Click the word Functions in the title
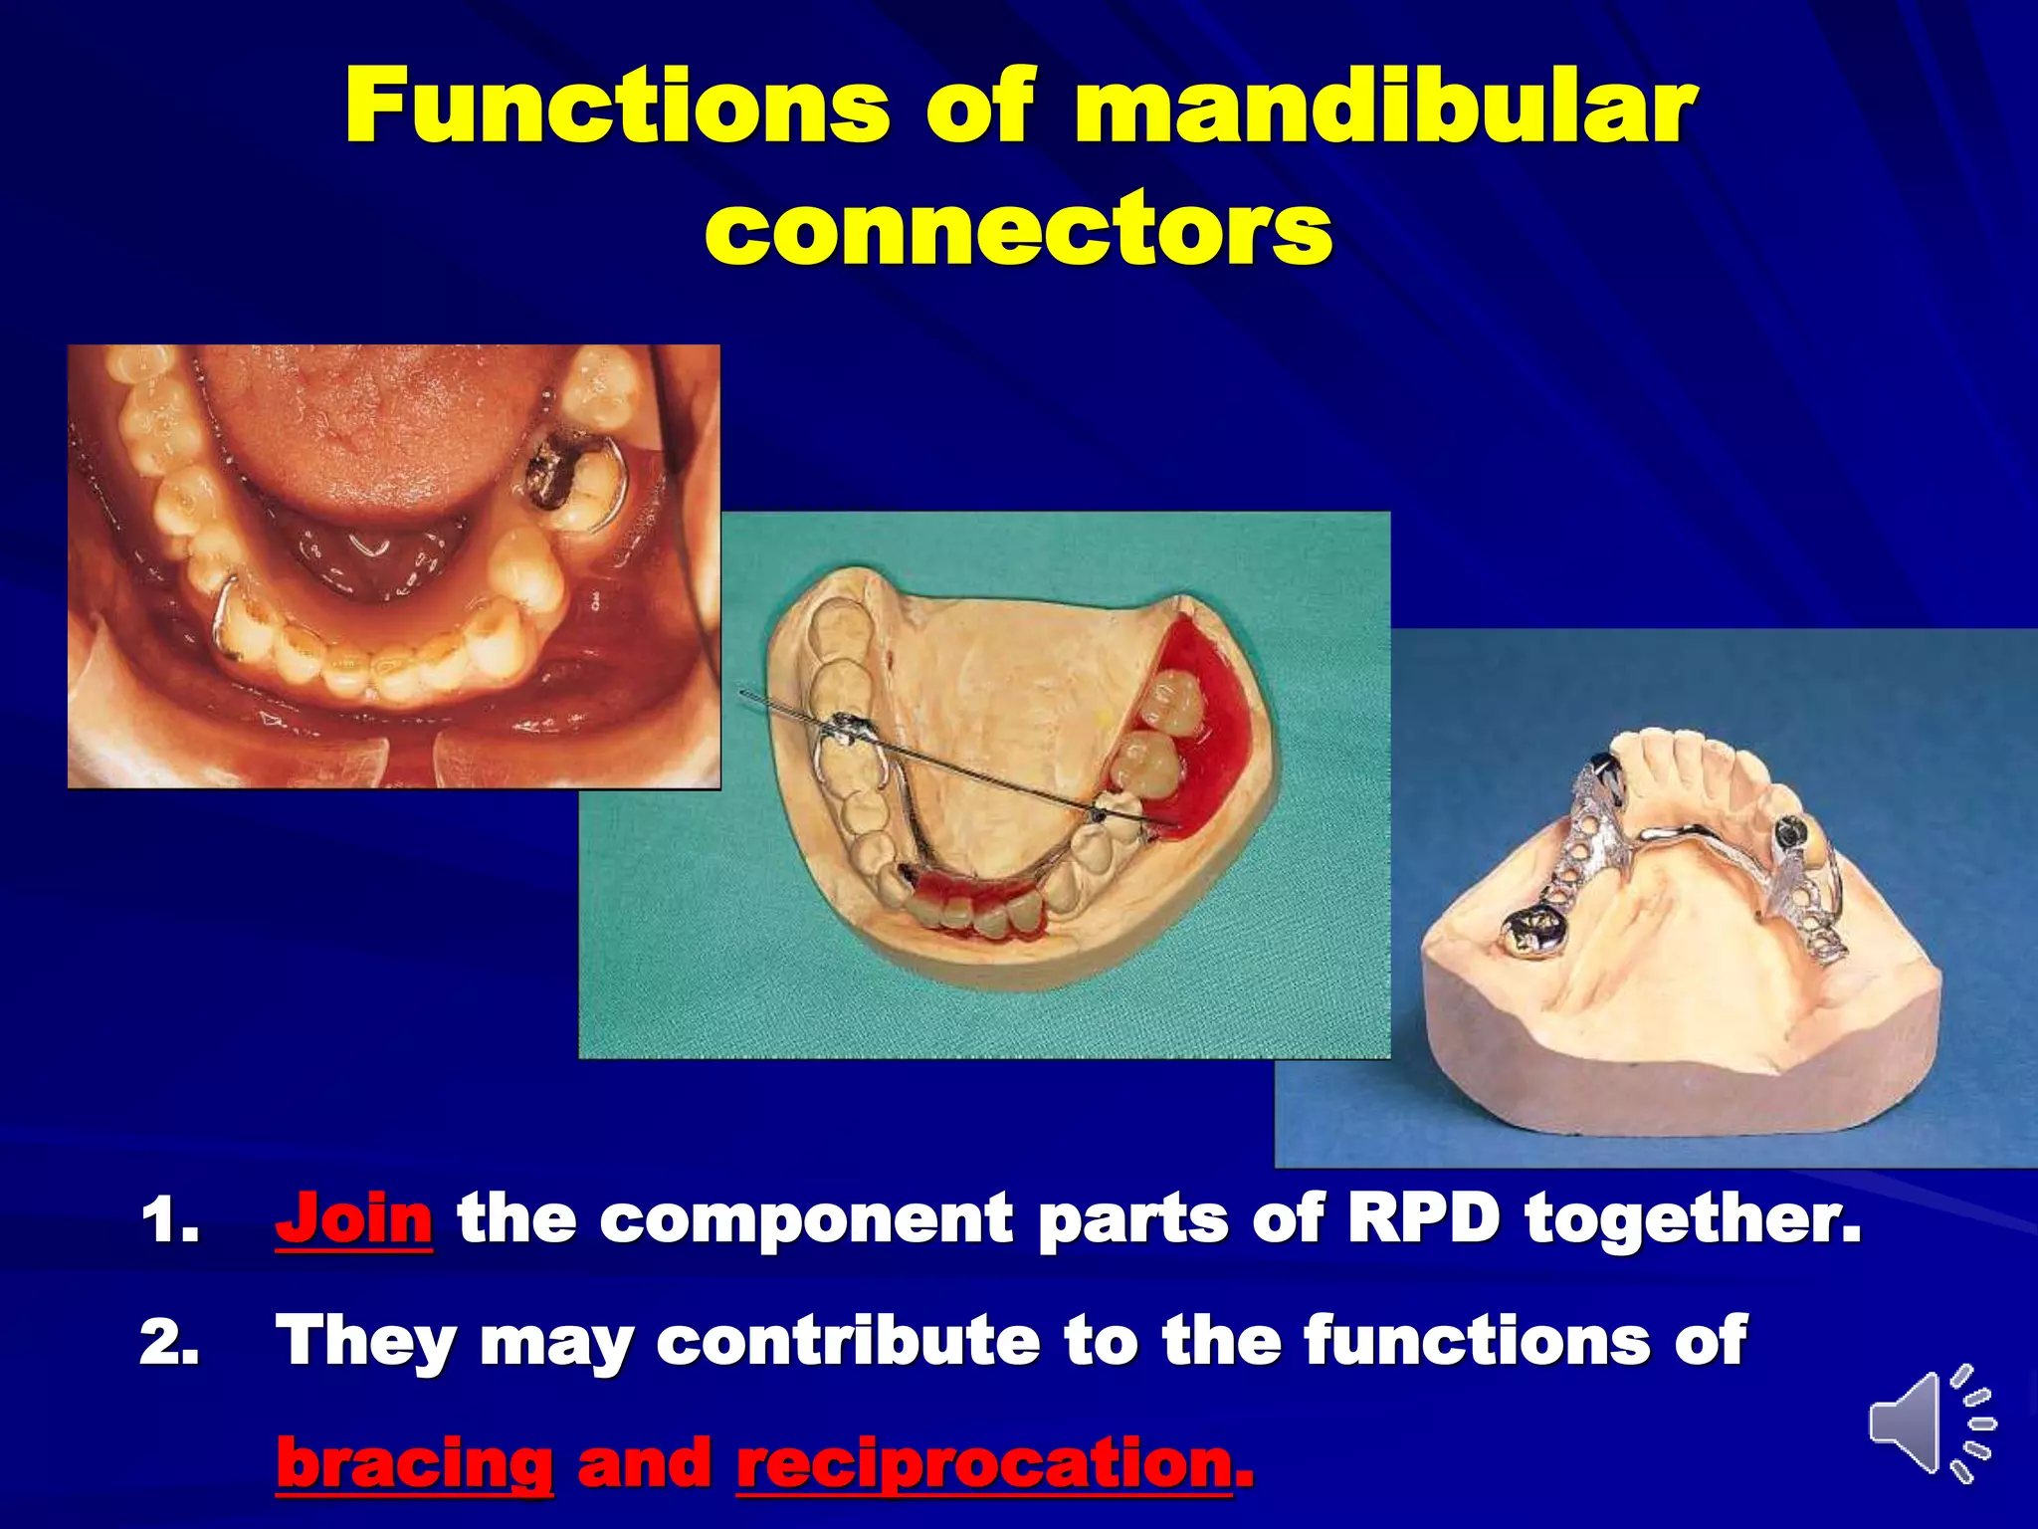tap(617, 108)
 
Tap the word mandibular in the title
tap(1383, 108)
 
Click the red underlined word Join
tap(354, 1218)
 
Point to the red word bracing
tap(414, 1463)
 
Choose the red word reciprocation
tap(985, 1463)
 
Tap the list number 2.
tap(169, 1342)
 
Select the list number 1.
tap(169, 1220)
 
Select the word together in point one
tap(1692, 1218)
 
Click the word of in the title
tap(980, 108)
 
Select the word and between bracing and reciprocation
tap(644, 1463)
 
